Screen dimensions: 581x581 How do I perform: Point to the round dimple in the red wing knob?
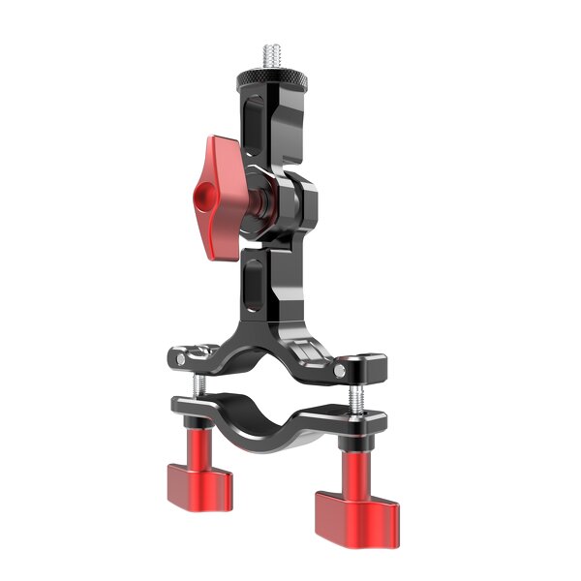[x=204, y=198]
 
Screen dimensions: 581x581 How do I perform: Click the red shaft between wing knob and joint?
[x=261, y=204]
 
